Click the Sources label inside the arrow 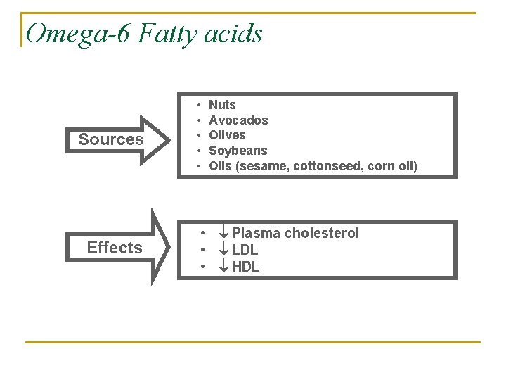[x=111, y=139]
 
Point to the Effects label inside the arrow [x=115, y=248]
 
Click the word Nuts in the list [x=223, y=105]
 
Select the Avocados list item [x=238, y=120]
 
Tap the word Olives [x=228, y=135]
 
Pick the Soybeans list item [x=238, y=151]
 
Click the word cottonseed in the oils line [x=326, y=166]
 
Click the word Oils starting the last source [x=221, y=166]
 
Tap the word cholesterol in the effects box [x=322, y=233]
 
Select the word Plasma [x=257, y=233]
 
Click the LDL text [x=245, y=250]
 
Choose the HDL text [x=245, y=267]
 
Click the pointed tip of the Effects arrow [x=169, y=247]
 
